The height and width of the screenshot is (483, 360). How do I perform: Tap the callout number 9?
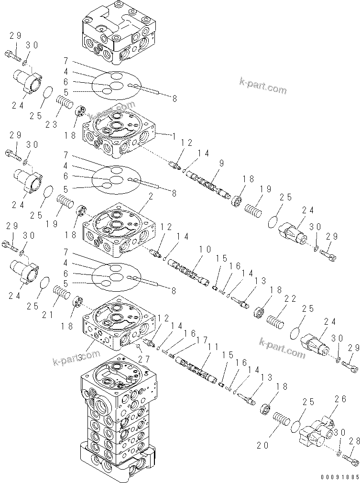pyautogui.click(x=221, y=163)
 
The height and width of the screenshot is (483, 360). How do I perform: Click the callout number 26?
pyautogui.click(x=340, y=398)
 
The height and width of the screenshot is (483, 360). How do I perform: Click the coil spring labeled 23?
pyautogui.click(x=65, y=102)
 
